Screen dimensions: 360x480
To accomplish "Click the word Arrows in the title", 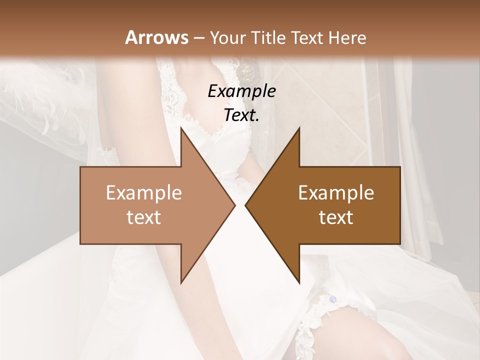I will (156, 37).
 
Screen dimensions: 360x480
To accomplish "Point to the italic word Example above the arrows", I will (241, 91).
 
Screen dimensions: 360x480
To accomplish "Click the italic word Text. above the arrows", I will (241, 115).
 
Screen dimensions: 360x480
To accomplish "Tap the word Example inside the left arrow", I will (144, 193).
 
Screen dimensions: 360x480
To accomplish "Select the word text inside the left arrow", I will (144, 217).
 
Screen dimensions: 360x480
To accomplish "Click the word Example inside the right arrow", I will (336, 193).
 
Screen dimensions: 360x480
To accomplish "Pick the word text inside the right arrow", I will (336, 217).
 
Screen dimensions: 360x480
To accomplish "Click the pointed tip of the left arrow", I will (234, 205).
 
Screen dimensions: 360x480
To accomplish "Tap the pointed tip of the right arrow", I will (245, 205).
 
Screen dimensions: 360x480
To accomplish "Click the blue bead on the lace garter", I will (332, 299).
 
